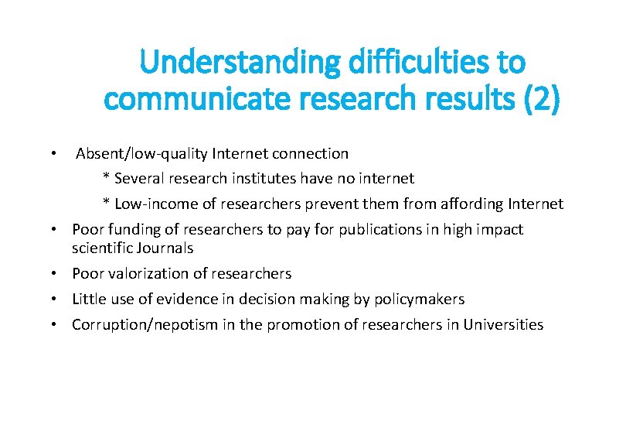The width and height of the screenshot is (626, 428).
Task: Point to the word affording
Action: (x=471, y=204)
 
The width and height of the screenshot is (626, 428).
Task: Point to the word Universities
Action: (x=503, y=325)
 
